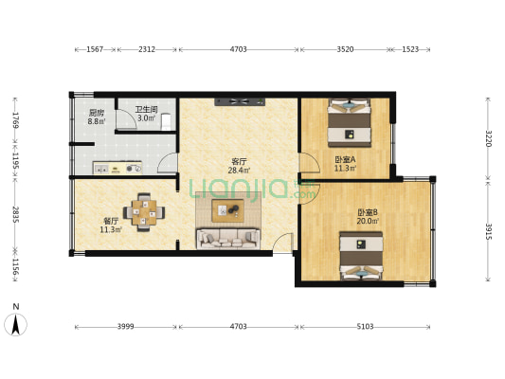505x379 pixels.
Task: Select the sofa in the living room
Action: click(x=227, y=238)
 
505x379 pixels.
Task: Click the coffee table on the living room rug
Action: click(x=227, y=209)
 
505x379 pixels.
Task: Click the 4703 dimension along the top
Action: click(x=238, y=48)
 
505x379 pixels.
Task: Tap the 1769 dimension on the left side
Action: click(x=15, y=119)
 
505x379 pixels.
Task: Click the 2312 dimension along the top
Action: click(x=147, y=48)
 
